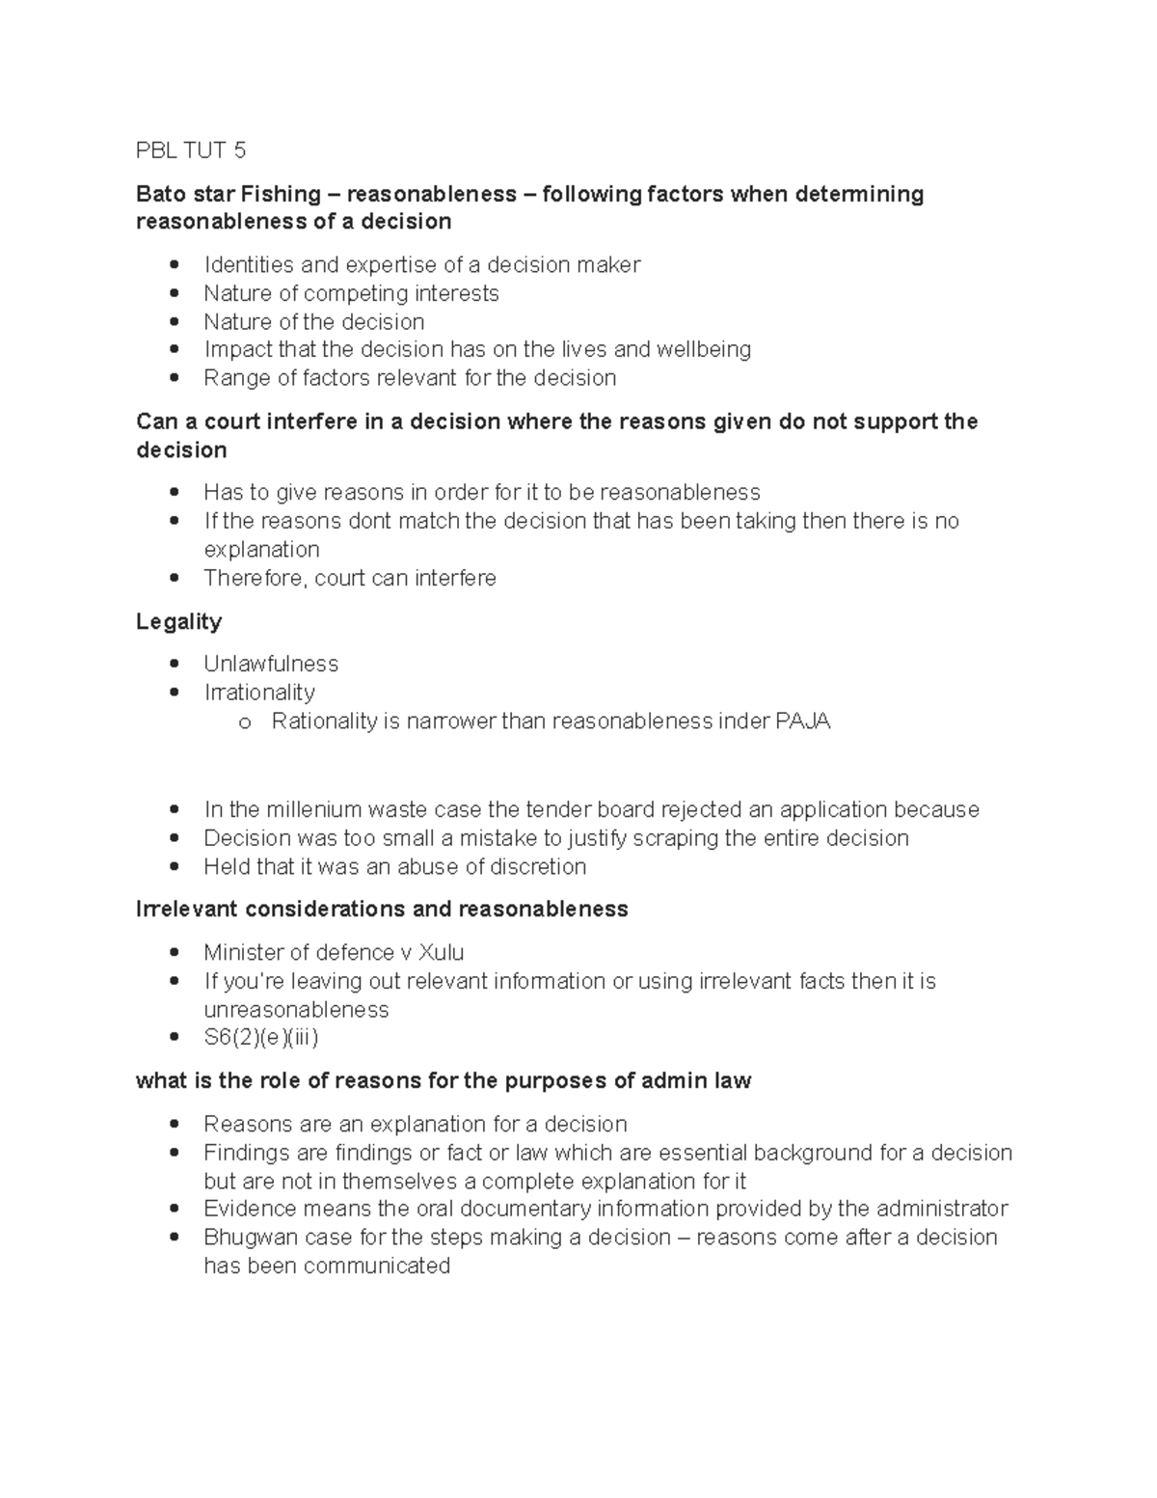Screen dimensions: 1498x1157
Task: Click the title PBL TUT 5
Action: pyautogui.click(x=191, y=150)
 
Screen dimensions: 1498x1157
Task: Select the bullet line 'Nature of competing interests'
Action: pyautogui.click(x=351, y=293)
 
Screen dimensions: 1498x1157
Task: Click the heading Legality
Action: pyautogui.click(x=178, y=621)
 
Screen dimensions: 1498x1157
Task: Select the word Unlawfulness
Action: pyautogui.click(x=271, y=664)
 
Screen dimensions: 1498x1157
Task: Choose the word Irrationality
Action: pyautogui.click(x=259, y=693)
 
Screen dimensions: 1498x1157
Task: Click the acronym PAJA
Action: pyautogui.click(x=802, y=722)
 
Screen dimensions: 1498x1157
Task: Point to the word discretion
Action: pyautogui.click(x=537, y=866)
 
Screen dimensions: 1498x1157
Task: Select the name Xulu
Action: pyautogui.click(x=441, y=953)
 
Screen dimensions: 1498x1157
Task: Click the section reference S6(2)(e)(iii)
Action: pyautogui.click(x=260, y=1038)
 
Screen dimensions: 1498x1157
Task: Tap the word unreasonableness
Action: pyautogui.click(x=296, y=1010)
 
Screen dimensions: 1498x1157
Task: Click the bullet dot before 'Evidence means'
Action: pyautogui.click(x=175, y=1210)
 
